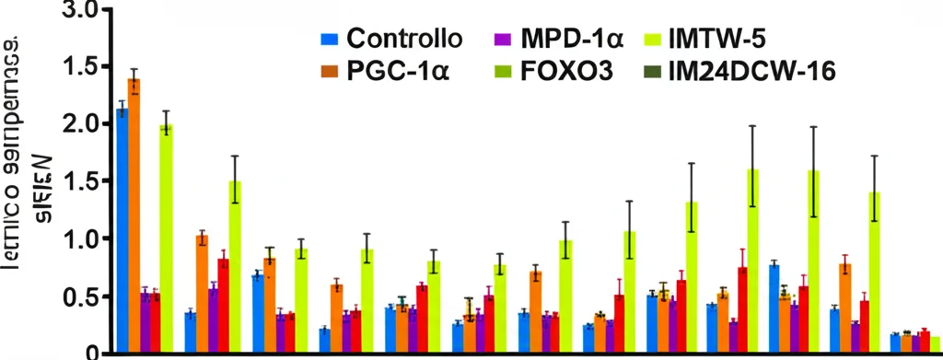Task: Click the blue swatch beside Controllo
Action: pos(328,41)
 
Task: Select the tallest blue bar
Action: pos(122,230)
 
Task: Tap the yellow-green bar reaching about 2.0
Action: pos(166,239)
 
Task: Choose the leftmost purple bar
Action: pos(145,322)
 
